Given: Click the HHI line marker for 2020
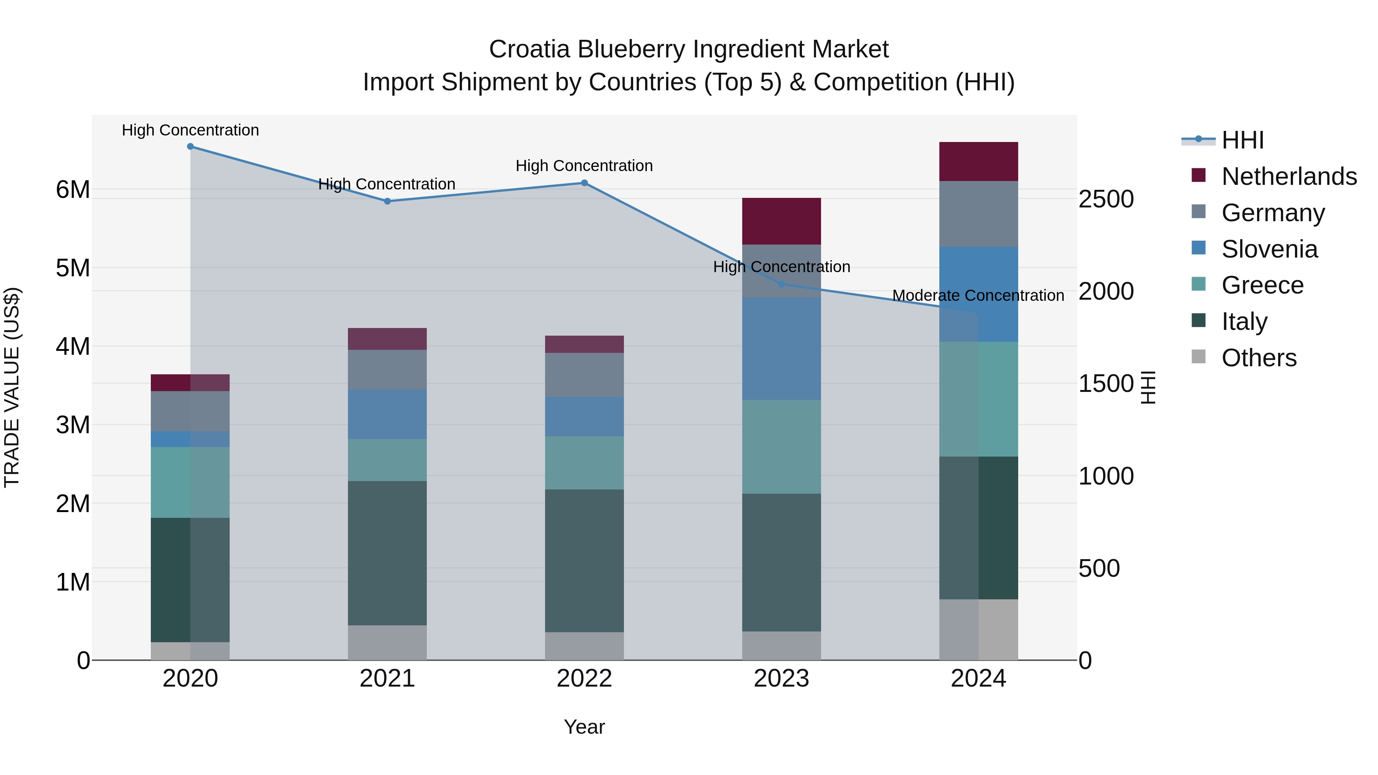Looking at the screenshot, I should (191, 147).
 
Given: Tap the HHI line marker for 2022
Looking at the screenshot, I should (584, 183).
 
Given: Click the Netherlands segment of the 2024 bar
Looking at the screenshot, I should (978, 162).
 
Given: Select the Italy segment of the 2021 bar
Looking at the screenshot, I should (387, 553).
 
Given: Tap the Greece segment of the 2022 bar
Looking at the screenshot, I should (584, 463).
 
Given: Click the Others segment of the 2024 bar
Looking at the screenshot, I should (978, 630).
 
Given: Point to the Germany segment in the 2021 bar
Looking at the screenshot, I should (387, 370).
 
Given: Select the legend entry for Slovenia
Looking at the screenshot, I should (1269, 249).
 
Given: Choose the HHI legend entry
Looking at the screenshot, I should (1242, 140).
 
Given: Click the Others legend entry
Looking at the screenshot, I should (1258, 358).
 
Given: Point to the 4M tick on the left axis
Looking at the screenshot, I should (73, 346).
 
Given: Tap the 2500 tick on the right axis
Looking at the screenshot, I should (1106, 199).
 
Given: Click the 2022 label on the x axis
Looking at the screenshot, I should (584, 679).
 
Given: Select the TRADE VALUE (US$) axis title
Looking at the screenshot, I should (12, 387).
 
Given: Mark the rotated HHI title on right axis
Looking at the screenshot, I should (1148, 387).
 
